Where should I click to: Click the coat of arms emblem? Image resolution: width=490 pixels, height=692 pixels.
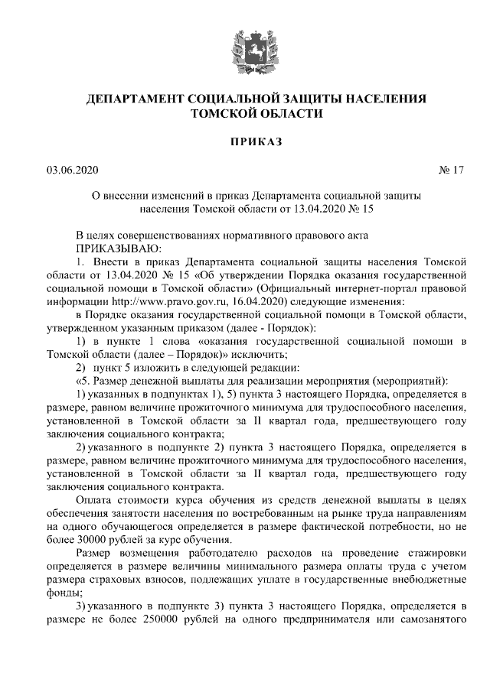[245, 48]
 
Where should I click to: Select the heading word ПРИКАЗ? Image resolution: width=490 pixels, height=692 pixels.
[245, 141]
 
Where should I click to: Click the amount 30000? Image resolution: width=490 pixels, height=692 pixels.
[94, 538]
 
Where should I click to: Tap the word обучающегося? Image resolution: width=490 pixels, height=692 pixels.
[122, 525]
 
